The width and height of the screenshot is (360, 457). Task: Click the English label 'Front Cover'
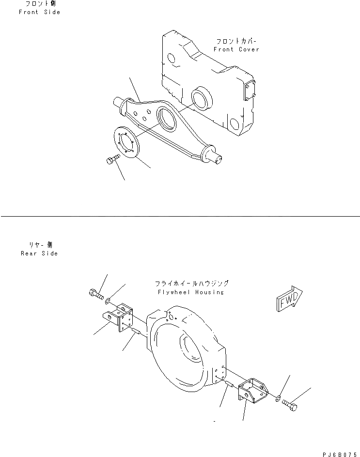pyautogui.click(x=236, y=49)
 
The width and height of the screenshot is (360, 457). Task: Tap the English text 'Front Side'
pyautogui.click(x=39, y=12)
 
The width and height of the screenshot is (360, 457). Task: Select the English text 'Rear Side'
pyautogui.click(x=39, y=253)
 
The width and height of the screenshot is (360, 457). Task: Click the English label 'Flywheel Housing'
pyautogui.click(x=190, y=292)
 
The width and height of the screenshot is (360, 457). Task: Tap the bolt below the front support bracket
pyautogui.click(x=112, y=159)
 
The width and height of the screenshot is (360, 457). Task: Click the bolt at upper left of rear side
pyautogui.click(x=96, y=294)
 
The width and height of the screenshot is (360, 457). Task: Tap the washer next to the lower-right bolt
pyautogui.click(x=277, y=399)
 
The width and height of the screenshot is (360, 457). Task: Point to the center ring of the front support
pyautogui.click(x=167, y=119)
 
